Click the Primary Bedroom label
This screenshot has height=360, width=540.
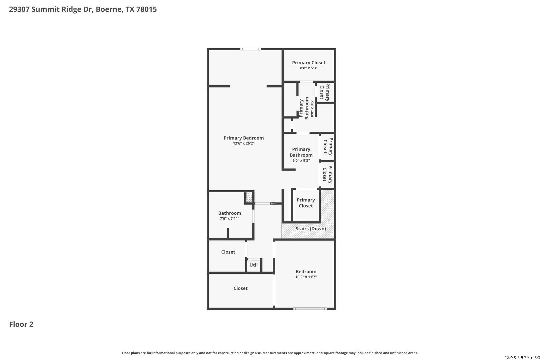click(x=243, y=138)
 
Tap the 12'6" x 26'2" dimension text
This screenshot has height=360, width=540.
click(x=243, y=143)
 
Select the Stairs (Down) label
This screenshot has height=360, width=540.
click(x=311, y=229)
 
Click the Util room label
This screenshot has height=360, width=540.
click(x=253, y=265)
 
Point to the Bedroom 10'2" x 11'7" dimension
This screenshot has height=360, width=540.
click(x=306, y=277)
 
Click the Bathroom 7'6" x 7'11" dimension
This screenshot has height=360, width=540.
click(x=229, y=218)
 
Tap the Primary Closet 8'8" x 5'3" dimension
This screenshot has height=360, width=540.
click(x=309, y=68)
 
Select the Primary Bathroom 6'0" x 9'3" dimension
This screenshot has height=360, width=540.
click(x=301, y=160)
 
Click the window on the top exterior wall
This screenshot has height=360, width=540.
click(x=250, y=49)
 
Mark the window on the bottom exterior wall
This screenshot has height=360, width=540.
click(x=310, y=309)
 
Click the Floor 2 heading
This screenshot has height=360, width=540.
click(x=21, y=324)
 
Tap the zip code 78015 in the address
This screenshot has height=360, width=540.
click(x=146, y=9)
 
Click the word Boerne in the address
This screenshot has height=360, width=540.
click(x=109, y=9)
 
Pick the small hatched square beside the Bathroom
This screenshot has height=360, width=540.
click(x=249, y=197)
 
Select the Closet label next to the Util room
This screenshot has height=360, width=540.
click(x=228, y=252)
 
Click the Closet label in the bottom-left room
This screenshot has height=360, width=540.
click(x=240, y=288)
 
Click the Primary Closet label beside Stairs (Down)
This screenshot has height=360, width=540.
click(x=306, y=203)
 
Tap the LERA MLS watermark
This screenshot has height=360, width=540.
click(x=522, y=357)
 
